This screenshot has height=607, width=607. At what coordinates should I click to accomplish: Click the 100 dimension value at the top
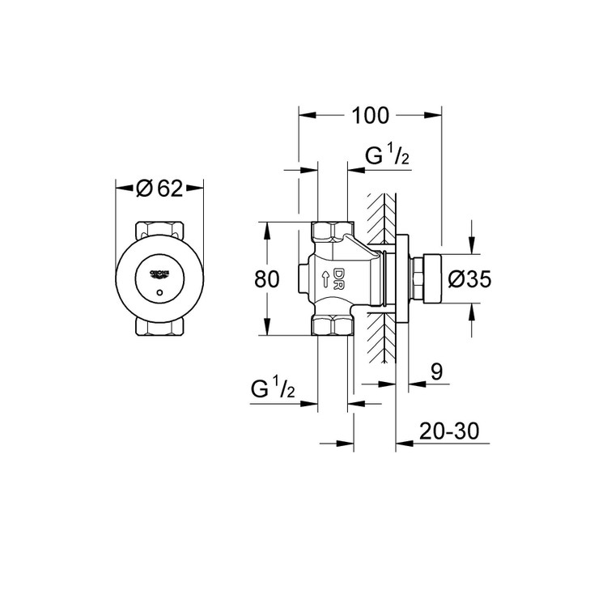(x=371, y=116)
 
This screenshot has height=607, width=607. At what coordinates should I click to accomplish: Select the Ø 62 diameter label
(x=159, y=189)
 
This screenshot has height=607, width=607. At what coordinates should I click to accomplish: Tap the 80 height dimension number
(x=266, y=279)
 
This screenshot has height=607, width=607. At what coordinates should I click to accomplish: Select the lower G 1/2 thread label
(x=272, y=388)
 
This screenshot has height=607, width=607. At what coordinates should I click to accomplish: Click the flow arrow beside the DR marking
(x=326, y=279)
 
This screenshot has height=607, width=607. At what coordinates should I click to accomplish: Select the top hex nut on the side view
(x=331, y=232)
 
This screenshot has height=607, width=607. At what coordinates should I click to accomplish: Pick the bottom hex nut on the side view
(x=331, y=325)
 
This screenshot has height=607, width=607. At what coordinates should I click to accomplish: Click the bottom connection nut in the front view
(x=159, y=329)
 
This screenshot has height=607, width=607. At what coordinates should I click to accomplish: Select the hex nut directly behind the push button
(x=417, y=279)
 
